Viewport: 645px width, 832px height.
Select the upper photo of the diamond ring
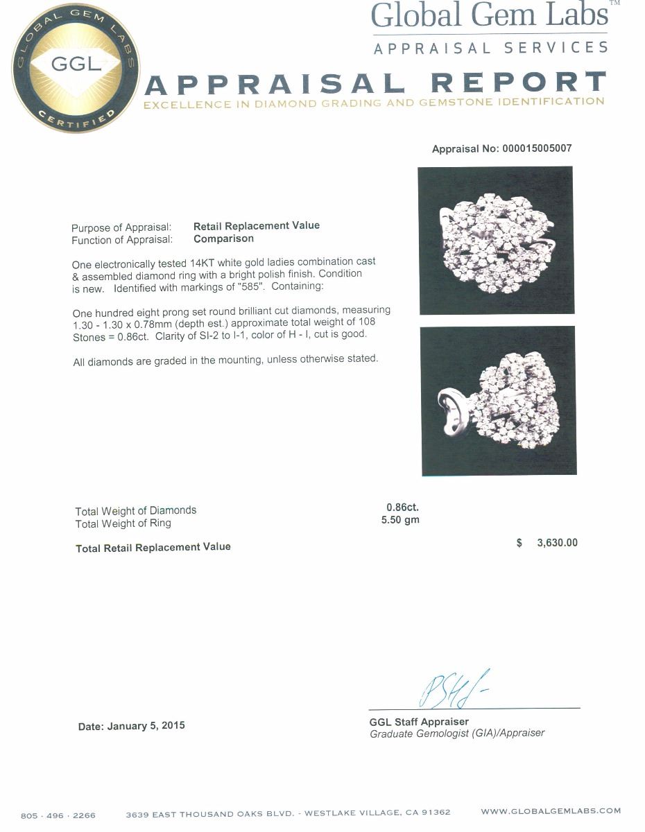tap(496, 240)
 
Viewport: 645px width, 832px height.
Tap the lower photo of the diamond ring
tap(499, 401)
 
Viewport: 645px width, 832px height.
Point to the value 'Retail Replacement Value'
tap(257, 225)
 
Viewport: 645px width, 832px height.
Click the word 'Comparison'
tap(223, 239)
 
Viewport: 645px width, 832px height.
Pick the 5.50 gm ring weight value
tap(400, 520)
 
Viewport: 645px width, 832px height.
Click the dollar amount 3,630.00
tap(557, 543)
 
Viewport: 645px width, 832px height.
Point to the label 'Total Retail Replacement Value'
tap(153, 548)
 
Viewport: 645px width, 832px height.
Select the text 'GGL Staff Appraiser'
tap(419, 722)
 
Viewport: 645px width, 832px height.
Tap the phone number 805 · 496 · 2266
tap(58, 815)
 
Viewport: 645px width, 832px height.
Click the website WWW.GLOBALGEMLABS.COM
tap(551, 811)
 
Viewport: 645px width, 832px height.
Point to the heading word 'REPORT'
tap(518, 84)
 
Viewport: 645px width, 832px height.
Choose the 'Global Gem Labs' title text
tap(490, 15)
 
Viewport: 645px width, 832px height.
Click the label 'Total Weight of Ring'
tap(123, 523)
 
